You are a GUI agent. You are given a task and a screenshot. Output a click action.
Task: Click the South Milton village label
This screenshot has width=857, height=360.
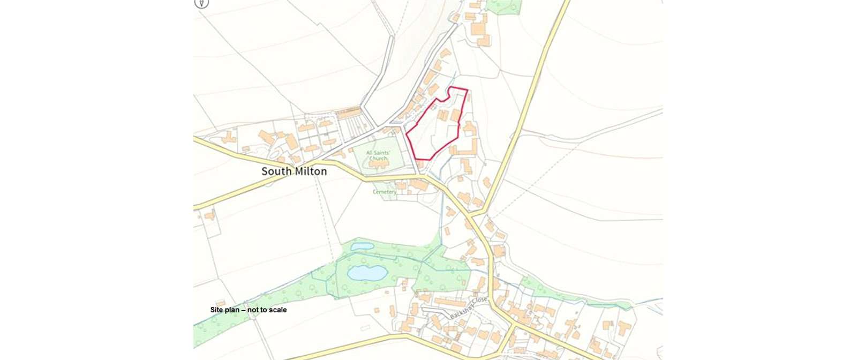pos(294,171)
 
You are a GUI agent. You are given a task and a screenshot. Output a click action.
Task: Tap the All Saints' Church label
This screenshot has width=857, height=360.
pos(378,155)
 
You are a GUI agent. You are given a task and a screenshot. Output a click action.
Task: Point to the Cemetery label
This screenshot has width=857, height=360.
pos(385,192)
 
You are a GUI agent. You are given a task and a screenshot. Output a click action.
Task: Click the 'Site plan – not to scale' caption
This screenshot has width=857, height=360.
pos(248,310)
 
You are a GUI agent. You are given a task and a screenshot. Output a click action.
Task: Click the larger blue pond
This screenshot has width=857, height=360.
pos(367,273)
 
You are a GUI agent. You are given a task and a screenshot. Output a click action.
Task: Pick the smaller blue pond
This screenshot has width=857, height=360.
pos(362,246)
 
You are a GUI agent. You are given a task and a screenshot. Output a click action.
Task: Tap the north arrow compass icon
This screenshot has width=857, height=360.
pos(201,3)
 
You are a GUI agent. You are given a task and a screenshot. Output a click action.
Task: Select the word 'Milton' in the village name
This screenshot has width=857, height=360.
pos(310,171)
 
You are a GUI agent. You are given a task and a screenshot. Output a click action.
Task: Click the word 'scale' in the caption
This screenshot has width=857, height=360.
pos(277,310)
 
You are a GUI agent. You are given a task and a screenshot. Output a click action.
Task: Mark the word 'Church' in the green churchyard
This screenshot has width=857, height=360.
pos(378,159)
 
